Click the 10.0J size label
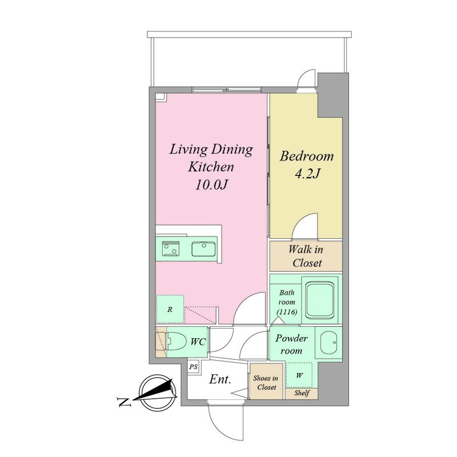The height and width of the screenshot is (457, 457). [x=211, y=185]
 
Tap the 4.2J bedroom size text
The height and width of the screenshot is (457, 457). [x=307, y=174]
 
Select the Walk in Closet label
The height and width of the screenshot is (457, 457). [x=306, y=256]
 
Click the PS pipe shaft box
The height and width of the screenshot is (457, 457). [x=194, y=367]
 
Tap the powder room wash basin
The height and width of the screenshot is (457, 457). [x=328, y=342]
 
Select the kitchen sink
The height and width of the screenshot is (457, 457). [x=203, y=250]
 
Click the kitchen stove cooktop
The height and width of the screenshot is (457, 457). [x=170, y=248]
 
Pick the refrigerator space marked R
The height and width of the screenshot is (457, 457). [x=170, y=309]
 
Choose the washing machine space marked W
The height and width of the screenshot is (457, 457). [x=299, y=375]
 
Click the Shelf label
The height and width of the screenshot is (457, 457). [x=302, y=393]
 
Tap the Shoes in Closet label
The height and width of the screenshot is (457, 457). [x=266, y=383]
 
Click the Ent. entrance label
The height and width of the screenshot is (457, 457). [x=221, y=379]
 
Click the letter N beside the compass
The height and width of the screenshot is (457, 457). [x=124, y=402]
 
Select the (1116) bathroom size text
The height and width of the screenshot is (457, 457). [x=287, y=312]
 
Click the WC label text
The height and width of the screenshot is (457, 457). [x=198, y=342]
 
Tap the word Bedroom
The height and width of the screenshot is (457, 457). [x=307, y=156]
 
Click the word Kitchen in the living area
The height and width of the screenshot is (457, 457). [x=211, y=167]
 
